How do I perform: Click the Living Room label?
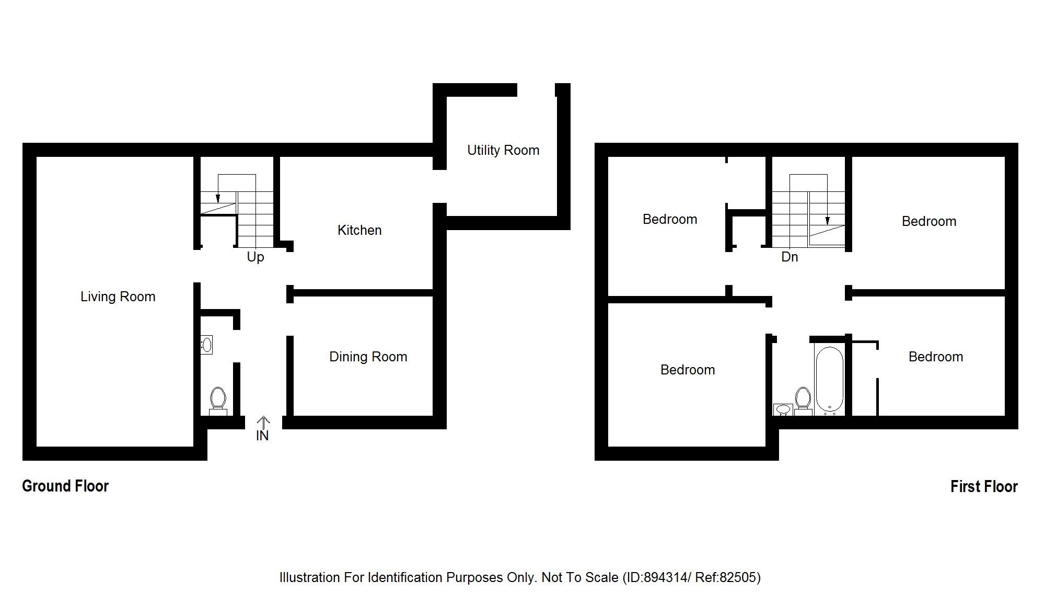point(118,297)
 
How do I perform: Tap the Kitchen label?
point(359,230)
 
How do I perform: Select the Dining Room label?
point(368,357)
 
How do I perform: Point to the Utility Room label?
point(503,150)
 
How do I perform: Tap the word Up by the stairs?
point(256,257)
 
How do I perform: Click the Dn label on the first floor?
point(789,257)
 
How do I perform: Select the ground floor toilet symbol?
point(217,400)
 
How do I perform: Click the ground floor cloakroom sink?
point(206,345)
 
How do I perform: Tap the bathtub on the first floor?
point(829,380)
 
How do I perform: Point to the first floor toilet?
point(803,400)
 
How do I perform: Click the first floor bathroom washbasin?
point(783,409)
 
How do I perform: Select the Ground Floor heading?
point(65,486)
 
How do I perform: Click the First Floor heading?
point(984,486)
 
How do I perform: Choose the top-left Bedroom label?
point(670,219)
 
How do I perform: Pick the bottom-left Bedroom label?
point(688,370)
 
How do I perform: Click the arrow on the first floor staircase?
point(827,220)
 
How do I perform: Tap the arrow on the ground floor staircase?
point(218,198)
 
